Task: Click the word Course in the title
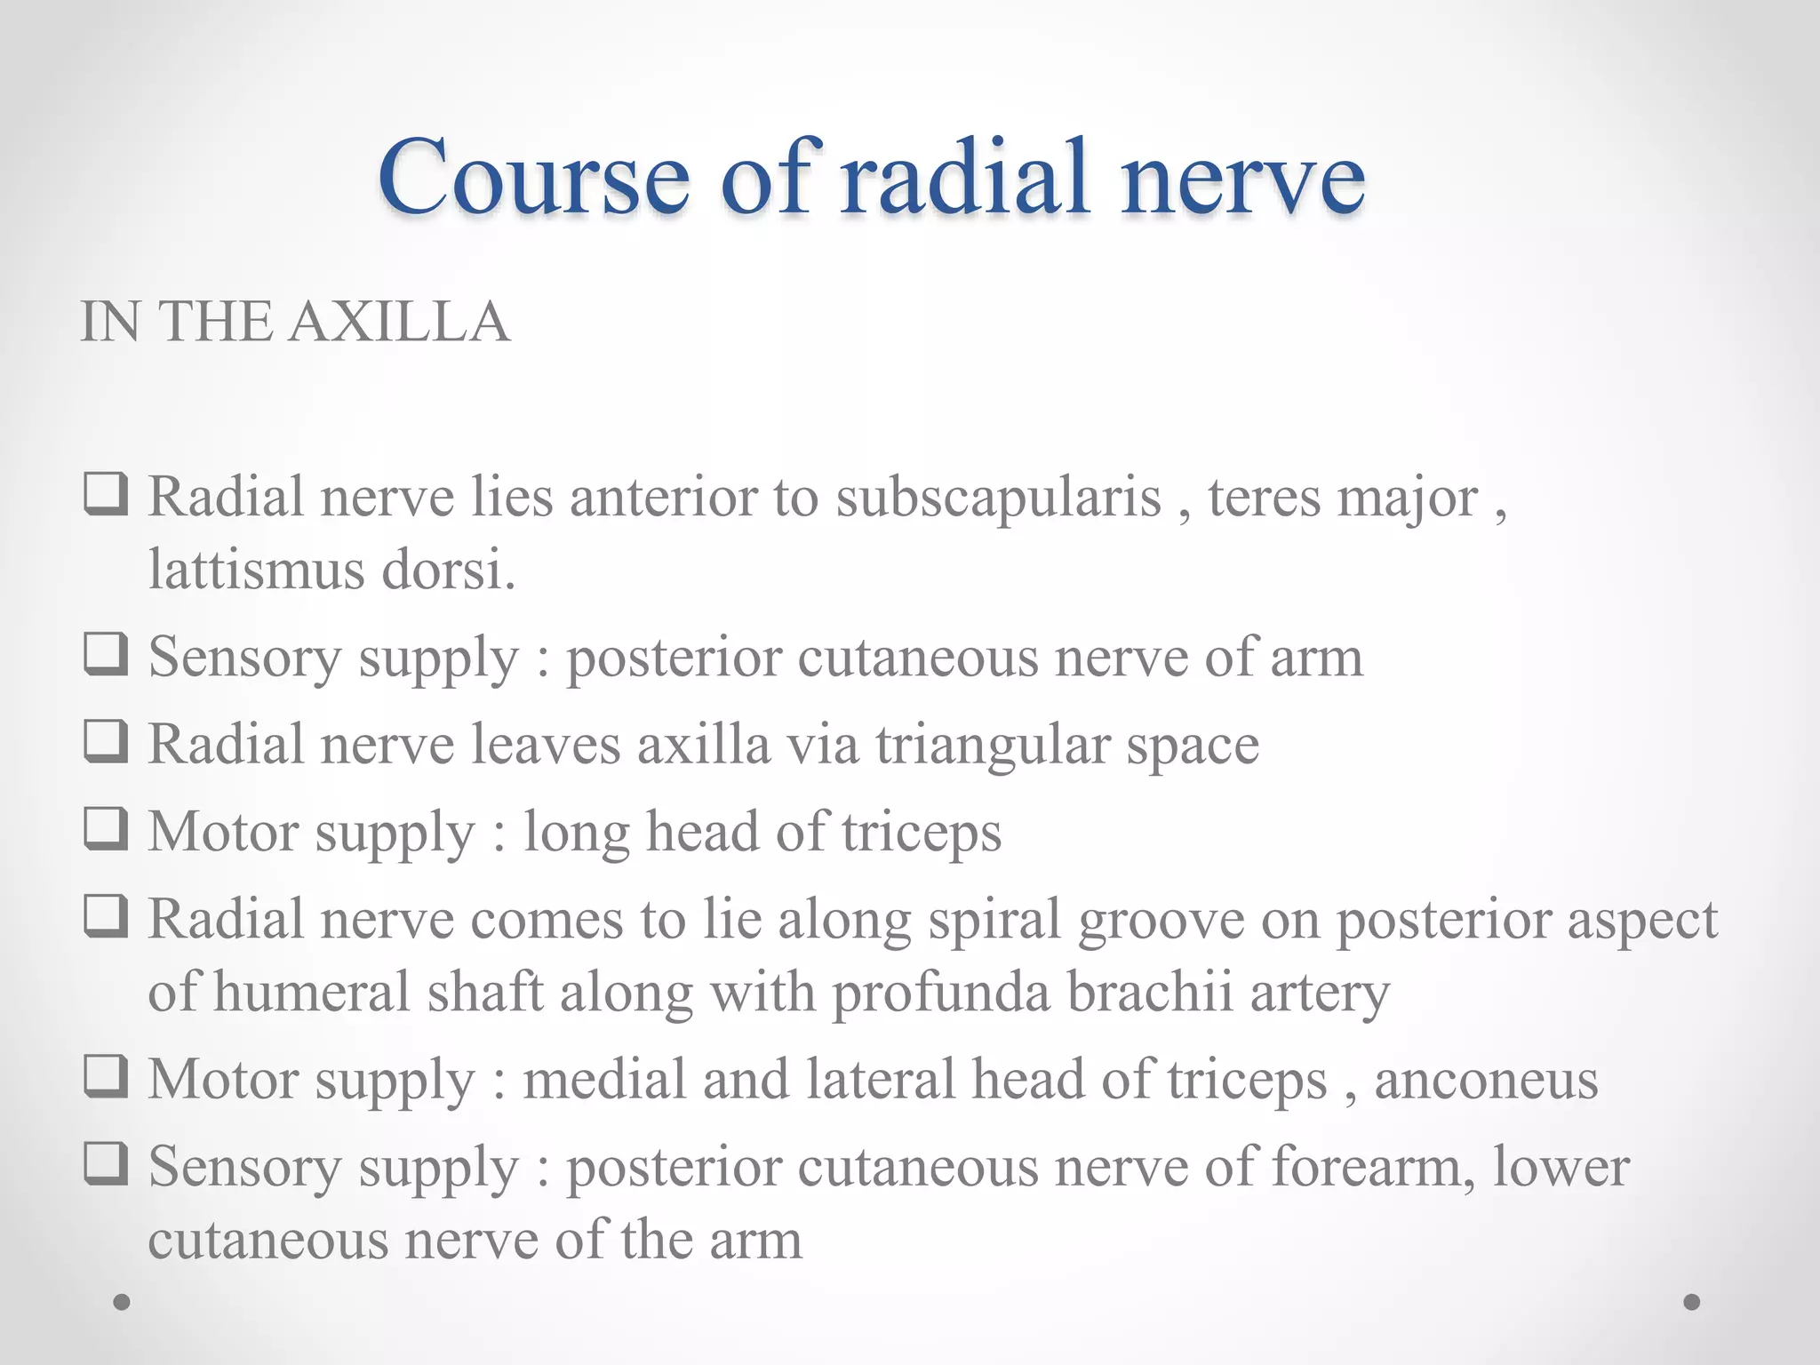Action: pos(533,177)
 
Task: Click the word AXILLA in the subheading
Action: pos(399,321)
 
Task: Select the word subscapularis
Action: pos(998,497)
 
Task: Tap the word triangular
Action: pos(993,746)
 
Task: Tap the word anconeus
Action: pos(1486,1080)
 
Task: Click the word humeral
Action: pos(311,993)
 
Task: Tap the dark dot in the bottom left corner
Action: pos(122,1302)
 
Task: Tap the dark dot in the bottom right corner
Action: pos(1692,1302)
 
